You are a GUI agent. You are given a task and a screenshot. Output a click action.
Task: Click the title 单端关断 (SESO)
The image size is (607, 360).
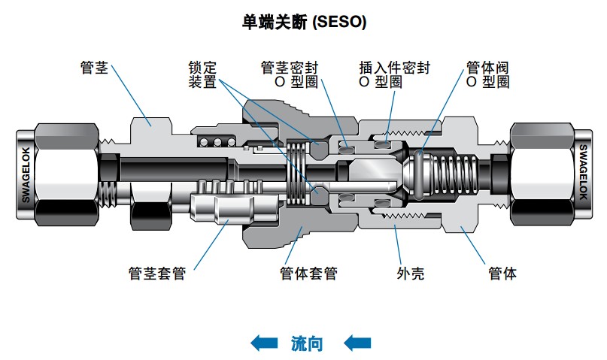(304, 23)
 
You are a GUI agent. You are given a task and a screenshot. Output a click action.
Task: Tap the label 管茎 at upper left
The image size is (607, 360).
(94, 68)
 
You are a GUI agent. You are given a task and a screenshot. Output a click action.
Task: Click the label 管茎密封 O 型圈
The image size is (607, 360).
(289, 74)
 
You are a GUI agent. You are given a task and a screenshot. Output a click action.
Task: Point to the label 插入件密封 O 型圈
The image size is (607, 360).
(395, 74)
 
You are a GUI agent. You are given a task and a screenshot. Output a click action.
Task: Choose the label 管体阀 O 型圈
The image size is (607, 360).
(488, 74)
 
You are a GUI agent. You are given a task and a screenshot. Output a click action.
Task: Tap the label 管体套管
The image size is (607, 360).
(308, 274)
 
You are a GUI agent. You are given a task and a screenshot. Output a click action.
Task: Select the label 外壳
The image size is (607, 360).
(410, 274)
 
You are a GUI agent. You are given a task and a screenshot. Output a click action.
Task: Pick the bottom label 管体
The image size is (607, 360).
(502, 274)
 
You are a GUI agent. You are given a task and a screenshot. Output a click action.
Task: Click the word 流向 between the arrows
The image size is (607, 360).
(306, 343)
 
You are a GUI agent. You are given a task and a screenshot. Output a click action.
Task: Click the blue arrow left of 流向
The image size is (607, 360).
(263, 343)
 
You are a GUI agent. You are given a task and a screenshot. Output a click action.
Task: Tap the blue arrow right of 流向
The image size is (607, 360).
(357, 343)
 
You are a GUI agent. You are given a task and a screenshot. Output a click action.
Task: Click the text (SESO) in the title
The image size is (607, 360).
(340, 23)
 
